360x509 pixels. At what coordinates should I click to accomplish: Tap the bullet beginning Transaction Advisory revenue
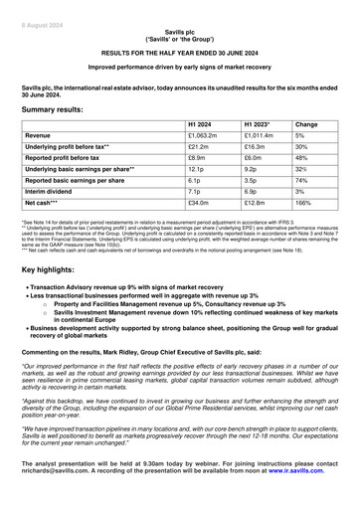point(159,287)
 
